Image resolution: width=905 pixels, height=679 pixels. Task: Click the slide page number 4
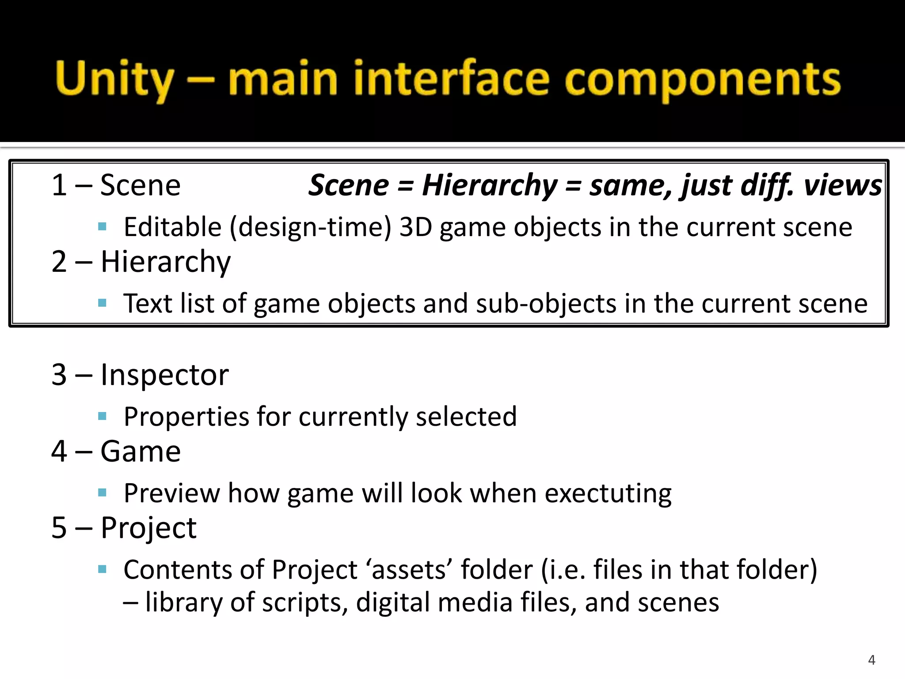[871, 660]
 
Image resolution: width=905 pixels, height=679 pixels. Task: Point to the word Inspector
[164, 375]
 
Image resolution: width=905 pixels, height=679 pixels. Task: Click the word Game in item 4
[141, 451]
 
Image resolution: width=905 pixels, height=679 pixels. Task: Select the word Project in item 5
[148, 528]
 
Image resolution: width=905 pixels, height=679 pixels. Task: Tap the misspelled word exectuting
[608, 493]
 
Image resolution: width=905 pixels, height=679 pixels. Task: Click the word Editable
[172, 227]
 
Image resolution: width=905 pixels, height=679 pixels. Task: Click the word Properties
[186, 416]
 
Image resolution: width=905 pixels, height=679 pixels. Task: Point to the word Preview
[171, 493]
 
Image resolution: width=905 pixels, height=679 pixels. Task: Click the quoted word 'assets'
[409, 569]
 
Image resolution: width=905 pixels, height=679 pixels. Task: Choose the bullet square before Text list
[103, 303]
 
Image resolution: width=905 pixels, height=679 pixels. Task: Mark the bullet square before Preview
[103, 492]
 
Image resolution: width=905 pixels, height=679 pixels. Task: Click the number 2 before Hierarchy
[59, 262]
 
